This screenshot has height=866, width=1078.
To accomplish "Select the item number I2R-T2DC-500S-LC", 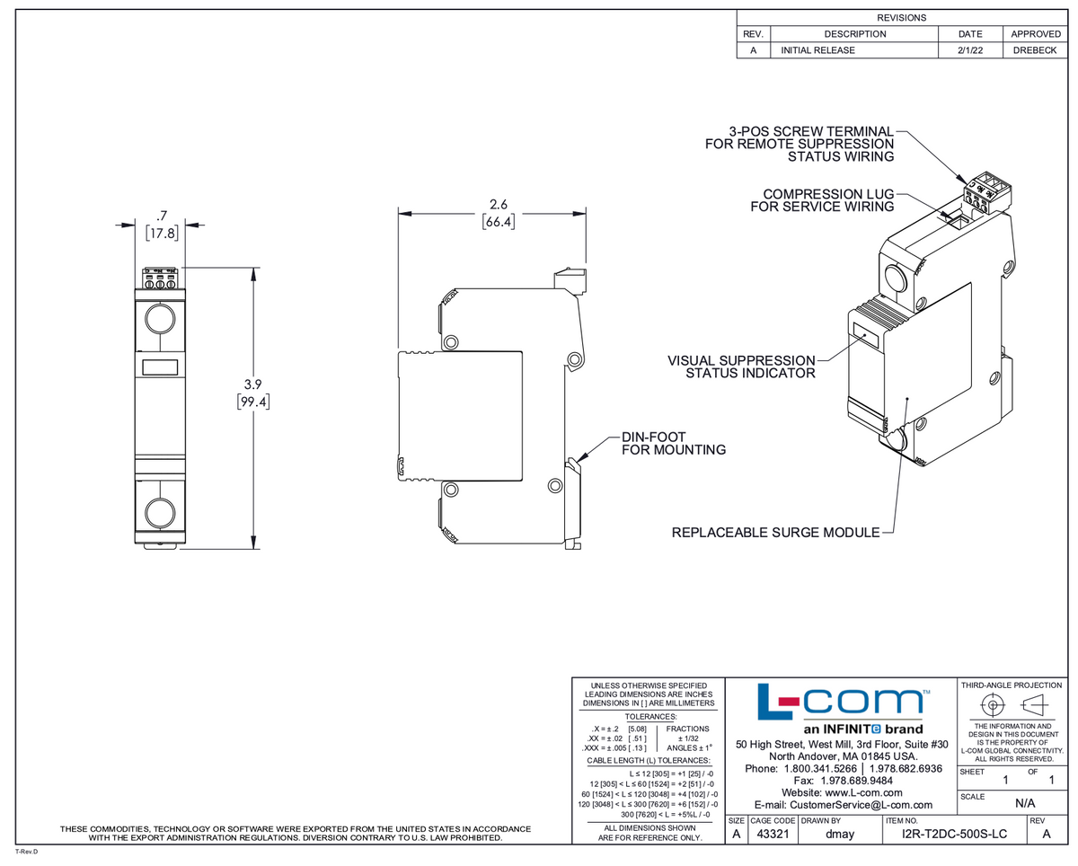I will tap(954, 835).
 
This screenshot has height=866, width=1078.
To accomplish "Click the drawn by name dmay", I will tap(839, 835).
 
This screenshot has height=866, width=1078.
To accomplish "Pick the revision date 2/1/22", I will tap(970, 50).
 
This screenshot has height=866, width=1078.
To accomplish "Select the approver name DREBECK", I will tap(1035, 50).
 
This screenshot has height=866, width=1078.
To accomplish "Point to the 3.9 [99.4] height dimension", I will tap(253, 393).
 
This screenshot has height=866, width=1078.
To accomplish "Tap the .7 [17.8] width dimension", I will tap(162, 225).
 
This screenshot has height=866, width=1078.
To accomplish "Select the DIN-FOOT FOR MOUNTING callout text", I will tap(673, 444).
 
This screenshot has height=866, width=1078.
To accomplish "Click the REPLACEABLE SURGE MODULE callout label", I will tap(775, 533).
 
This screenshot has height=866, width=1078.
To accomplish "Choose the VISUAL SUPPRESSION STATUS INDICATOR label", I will tap(741, 367).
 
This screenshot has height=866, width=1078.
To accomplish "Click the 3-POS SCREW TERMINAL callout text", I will tap(800, 144).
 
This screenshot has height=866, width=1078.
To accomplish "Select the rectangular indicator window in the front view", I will tap(160, 367).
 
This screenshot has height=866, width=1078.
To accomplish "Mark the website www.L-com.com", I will tap(840, 793).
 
